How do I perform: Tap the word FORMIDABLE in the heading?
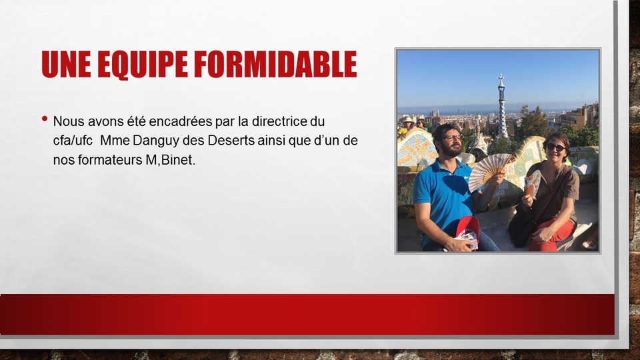point(275,65)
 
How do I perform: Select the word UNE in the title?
point(66,65)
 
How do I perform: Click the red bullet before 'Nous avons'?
point(45,119)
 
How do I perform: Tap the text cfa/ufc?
point(73,141)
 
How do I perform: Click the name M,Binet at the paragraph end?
point(170,160)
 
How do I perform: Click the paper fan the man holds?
point(488,172)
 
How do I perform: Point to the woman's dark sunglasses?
point(555,147)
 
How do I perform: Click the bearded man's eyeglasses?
point(452,138)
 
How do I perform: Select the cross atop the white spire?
point(501,77)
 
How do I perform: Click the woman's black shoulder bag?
point(522,225)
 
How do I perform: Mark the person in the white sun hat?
point(407,125)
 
